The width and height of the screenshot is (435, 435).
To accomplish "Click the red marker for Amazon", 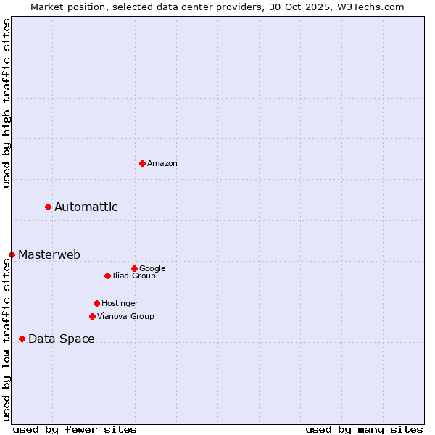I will (142, 163).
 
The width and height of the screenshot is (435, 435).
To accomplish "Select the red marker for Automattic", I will (49, 207).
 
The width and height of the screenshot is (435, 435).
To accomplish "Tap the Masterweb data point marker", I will (12, 254).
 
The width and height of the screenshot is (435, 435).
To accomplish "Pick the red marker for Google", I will (134, 268).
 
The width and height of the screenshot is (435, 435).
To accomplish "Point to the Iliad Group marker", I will (107, 275).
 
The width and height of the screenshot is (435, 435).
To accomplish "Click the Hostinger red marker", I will (96, 303).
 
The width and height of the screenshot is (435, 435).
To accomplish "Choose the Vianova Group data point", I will (92, 316).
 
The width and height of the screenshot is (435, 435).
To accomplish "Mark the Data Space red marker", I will (22, 339).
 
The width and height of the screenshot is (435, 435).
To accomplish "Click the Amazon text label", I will (162, 164).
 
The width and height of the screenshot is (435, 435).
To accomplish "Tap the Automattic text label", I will (86, 207).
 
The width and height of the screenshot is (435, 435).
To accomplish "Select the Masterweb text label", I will (49, 254).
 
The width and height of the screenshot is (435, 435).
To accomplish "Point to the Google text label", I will (152, 268).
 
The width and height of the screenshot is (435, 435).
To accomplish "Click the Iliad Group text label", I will (134, 275).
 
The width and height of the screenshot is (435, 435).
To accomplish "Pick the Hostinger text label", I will (120, 303).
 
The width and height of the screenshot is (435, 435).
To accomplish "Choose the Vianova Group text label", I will (125, 316).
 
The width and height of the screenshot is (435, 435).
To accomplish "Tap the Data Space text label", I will (62, 339).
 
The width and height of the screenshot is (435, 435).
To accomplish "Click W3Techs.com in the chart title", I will (368, 7).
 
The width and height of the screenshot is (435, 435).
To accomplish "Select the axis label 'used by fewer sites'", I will (75, 429).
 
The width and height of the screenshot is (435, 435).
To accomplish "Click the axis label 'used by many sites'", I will (364, 429).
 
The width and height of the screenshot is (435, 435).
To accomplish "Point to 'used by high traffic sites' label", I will (7, 103).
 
